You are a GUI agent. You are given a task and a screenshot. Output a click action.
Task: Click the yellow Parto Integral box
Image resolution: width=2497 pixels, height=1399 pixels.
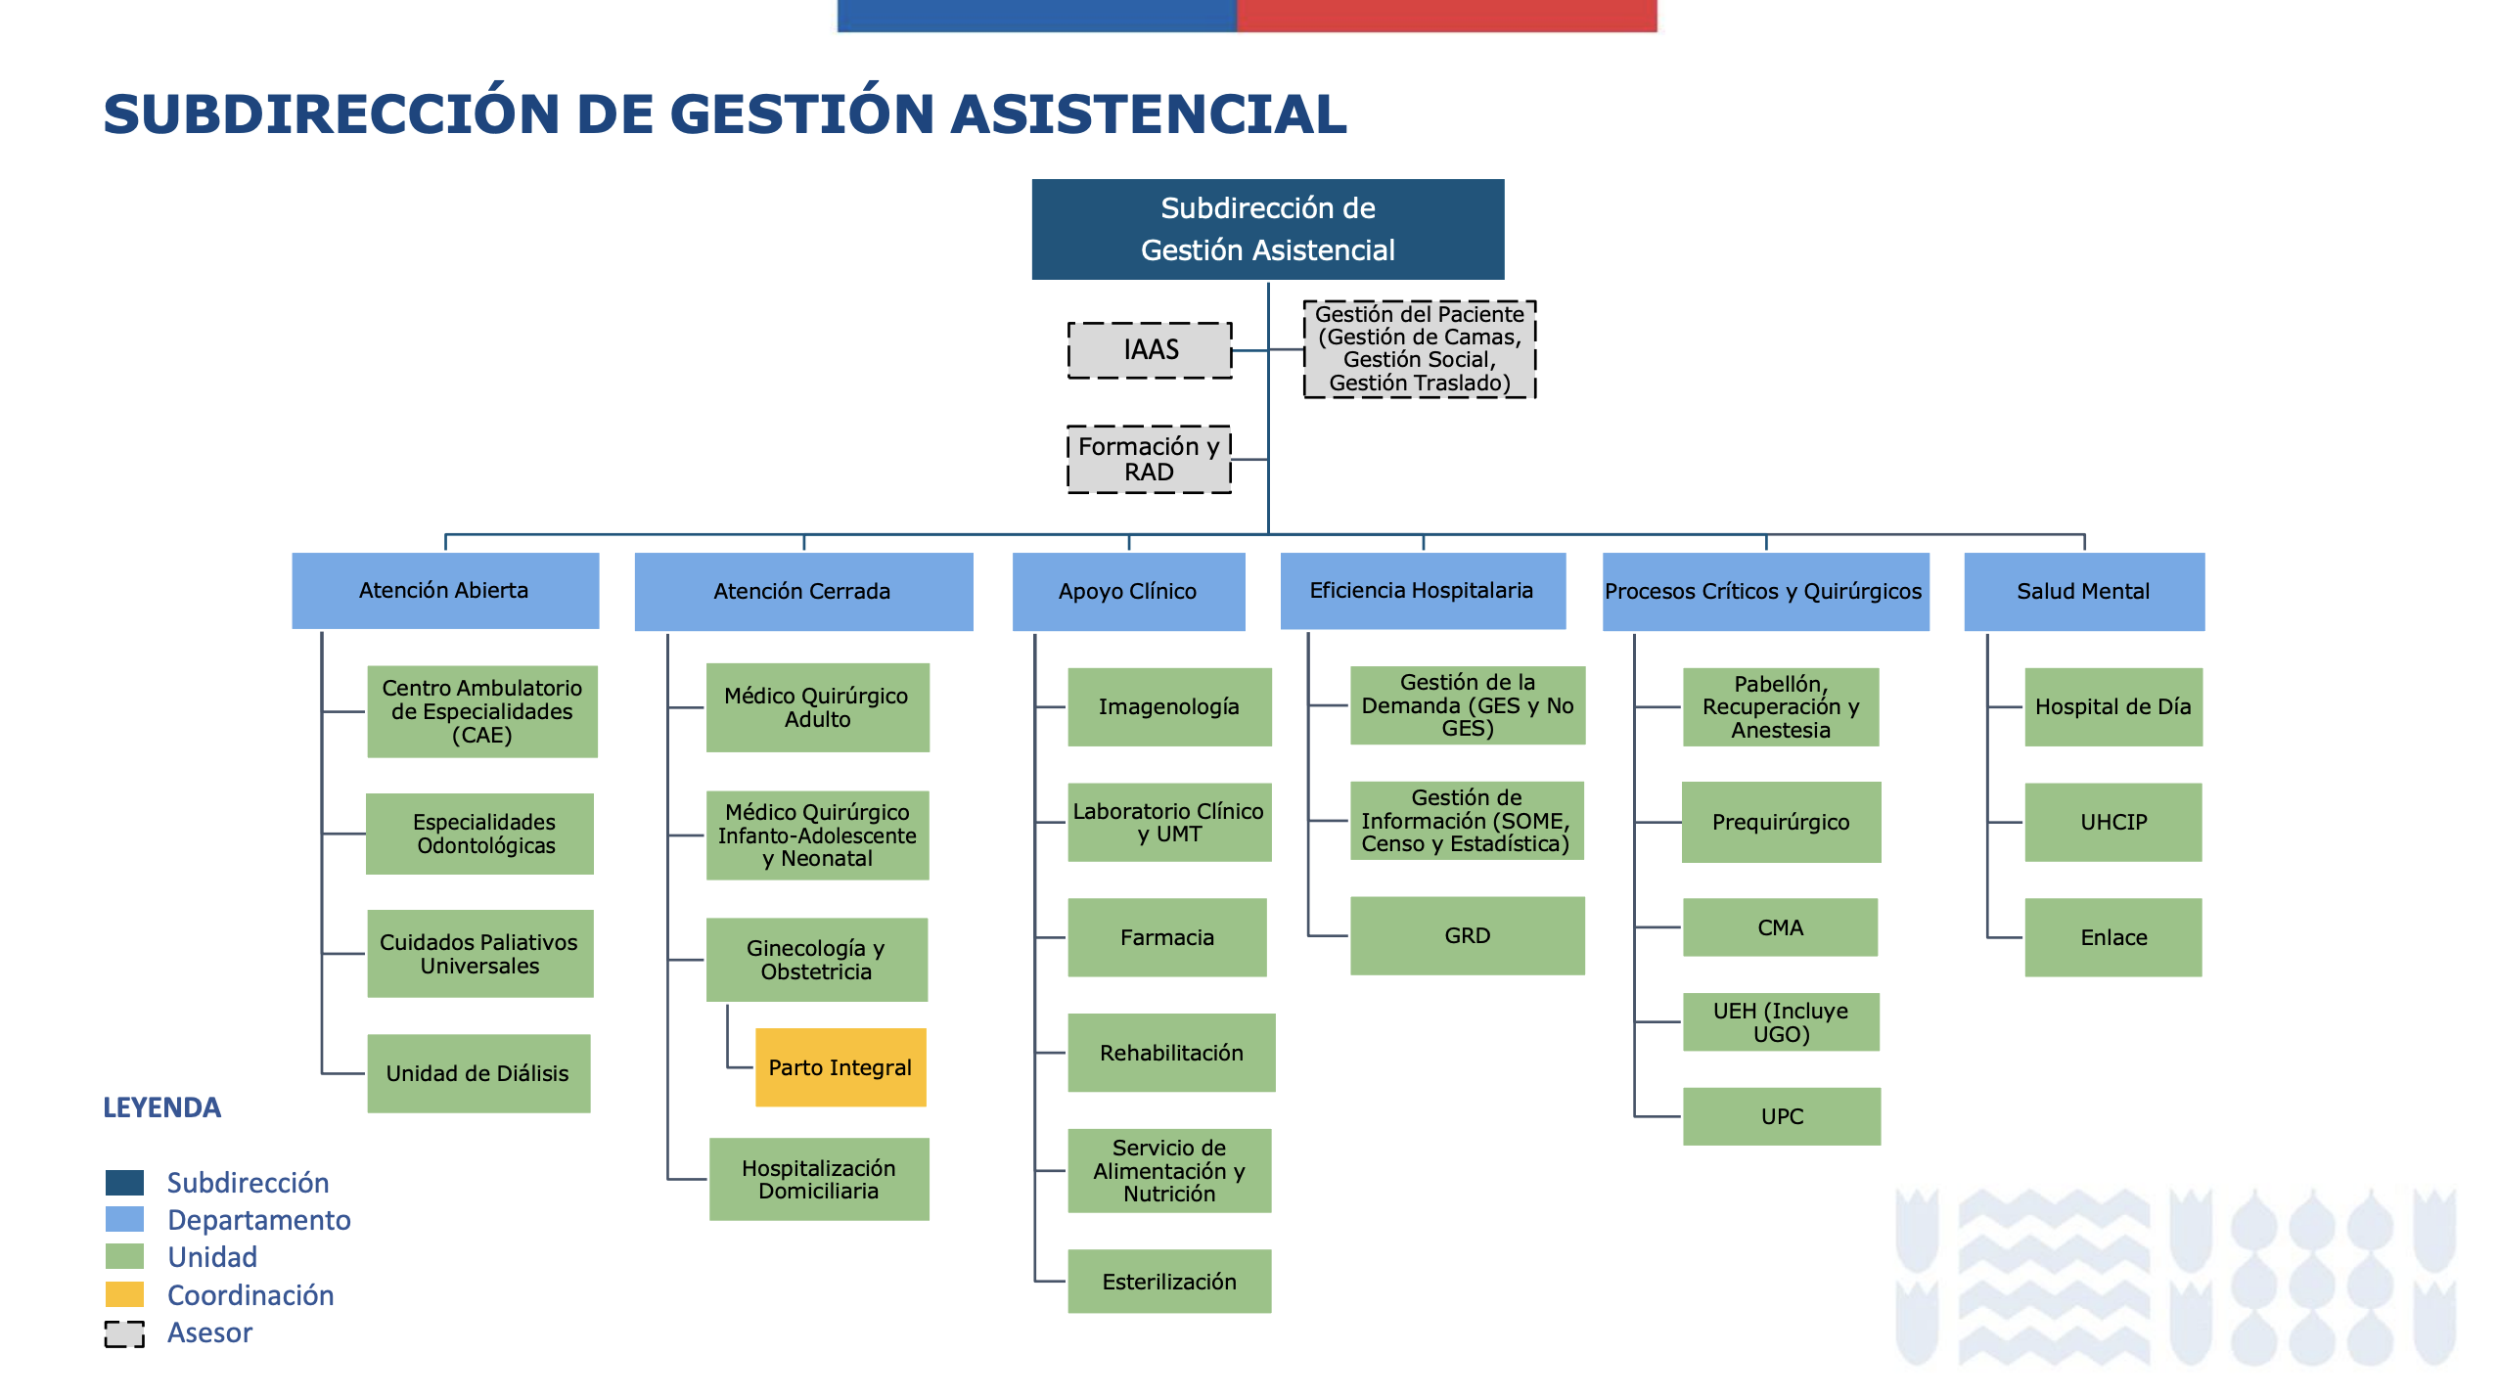(x=840, y=1067)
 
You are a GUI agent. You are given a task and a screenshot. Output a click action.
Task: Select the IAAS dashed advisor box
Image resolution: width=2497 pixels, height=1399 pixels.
(x=1150, y=350)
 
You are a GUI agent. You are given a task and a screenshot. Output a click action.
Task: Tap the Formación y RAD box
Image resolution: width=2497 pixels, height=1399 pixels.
(x=1149, y=459)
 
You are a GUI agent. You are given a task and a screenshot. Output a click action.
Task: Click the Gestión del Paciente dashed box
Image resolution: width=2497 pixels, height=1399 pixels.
(x=1419, y=349)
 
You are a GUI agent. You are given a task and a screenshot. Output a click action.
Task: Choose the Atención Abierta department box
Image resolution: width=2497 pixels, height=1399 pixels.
(x=445, y=591)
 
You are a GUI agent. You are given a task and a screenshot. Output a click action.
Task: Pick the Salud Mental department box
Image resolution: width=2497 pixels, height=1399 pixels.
(x=2084, y=591)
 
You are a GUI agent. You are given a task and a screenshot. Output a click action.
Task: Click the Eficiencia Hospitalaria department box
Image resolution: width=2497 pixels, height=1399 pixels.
(x=1423, y=591)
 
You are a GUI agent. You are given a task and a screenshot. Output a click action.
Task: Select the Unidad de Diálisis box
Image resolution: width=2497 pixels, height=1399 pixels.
(x=478, y=1073)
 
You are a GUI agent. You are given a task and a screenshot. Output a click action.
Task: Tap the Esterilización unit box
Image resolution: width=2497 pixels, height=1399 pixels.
(x=1169, y=1282)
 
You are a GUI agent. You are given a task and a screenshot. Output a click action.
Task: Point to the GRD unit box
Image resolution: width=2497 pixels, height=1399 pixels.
(x=1468, y=935)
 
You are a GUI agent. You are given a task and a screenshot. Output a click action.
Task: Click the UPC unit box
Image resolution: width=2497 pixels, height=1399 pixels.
(x=1782, y=1116)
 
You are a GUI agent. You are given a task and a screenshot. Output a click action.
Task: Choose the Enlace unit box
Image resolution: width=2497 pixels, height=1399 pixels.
(x=2113, y=937)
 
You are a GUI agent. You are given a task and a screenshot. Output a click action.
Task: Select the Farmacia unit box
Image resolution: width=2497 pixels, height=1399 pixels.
(x=1167, y=937)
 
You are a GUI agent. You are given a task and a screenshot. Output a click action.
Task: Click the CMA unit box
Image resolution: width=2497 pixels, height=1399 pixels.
(x=1780, y=927)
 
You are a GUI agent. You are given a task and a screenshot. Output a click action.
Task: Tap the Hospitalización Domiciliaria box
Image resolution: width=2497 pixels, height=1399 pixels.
(x=819, y=1179)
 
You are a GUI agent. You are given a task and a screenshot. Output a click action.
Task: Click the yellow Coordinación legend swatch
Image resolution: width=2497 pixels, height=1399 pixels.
(x=124, y=1294)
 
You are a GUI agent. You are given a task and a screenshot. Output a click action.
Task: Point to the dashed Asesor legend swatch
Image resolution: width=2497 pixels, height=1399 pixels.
(x=124, y=1333)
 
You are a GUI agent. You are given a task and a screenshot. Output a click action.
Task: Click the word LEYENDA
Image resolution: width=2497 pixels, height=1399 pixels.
(x=162, y=1107)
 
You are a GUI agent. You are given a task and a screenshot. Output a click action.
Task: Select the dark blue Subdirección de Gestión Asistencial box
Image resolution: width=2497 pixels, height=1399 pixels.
(x=1268, y=230)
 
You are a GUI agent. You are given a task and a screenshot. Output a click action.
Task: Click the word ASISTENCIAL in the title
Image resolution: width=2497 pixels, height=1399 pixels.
(x=1149, y=114)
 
